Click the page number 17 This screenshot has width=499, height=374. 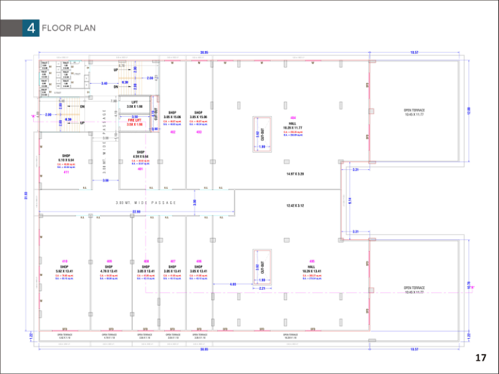(481, 357)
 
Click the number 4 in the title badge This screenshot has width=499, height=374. (31, 28)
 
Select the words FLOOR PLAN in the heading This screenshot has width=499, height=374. (69, 28)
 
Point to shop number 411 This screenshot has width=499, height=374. (66, 171)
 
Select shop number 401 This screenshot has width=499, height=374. (140, 168)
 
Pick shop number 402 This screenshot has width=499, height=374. (172, 131)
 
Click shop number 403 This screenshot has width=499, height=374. (199, 131)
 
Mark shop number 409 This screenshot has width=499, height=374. (109, 261)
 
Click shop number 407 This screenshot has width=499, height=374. (172, 261)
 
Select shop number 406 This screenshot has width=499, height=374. (199, 261)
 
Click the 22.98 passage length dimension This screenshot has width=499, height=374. (136, 212)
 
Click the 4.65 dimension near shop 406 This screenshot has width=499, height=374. (233, 284)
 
